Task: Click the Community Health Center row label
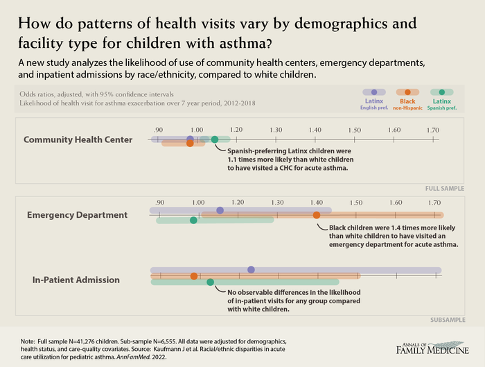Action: click(78, 139)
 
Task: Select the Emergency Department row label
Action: click(77, 215)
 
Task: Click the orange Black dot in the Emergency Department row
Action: click(317, 215)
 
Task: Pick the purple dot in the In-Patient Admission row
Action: click(251, 269)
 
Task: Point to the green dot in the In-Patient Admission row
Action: click(211, 282)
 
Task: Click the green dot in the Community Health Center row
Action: click(215, 139)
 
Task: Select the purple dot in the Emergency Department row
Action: click(220, 210)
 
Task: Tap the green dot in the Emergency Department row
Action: click(193, 221)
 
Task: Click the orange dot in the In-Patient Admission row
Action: click(194, 276)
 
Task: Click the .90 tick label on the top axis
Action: click(159, 130)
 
